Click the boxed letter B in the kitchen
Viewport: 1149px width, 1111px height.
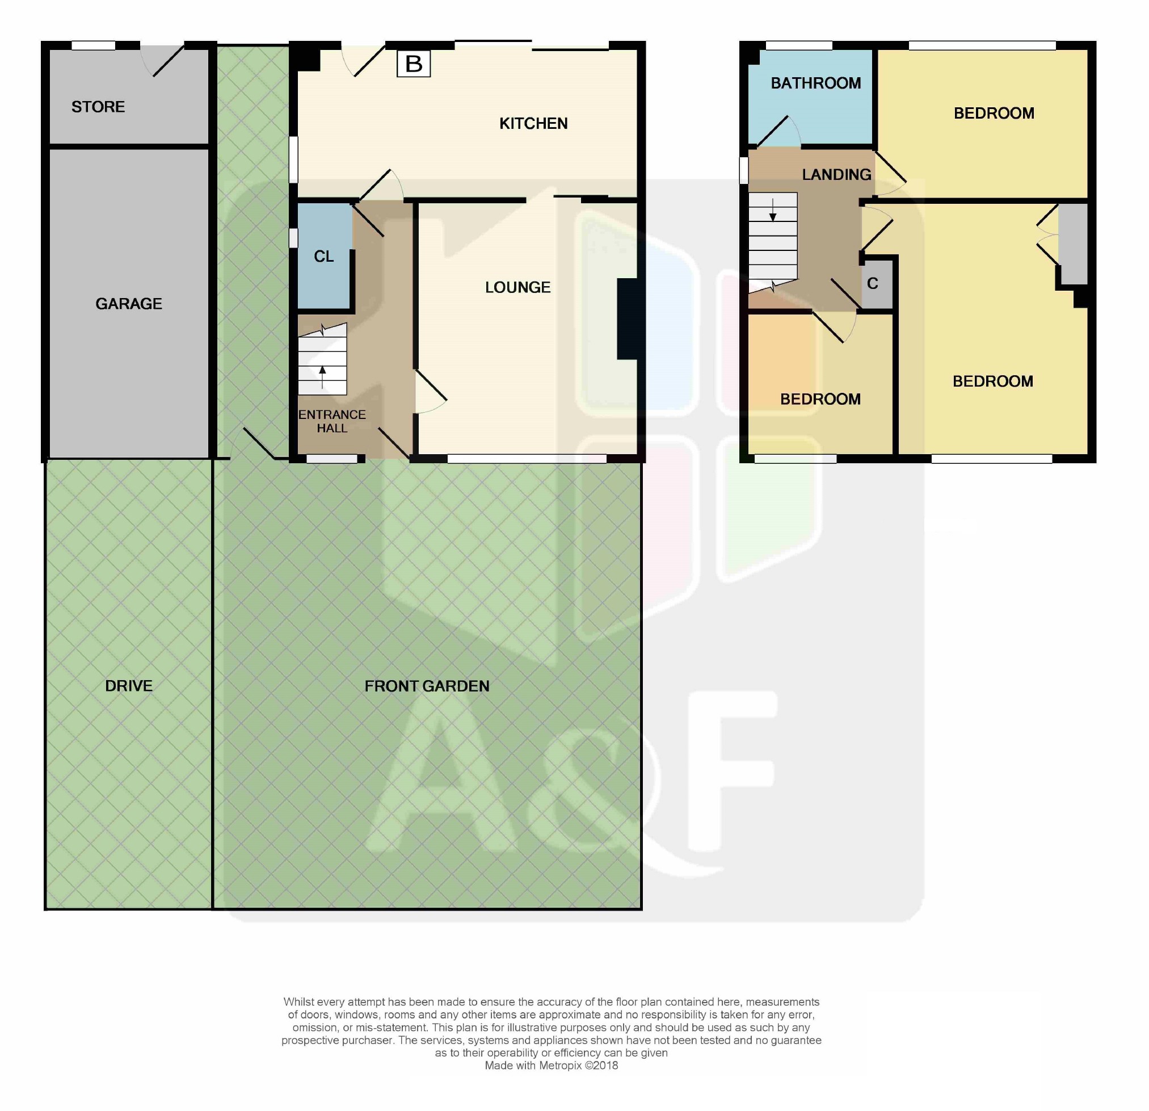[x=413, y=64]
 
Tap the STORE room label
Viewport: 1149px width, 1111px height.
[x=98, y=107]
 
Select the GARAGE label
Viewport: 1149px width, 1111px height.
[x=128, y=304]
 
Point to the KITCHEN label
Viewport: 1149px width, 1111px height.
[x=533, y=124]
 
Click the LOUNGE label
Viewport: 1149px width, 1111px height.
[x=517, y=287]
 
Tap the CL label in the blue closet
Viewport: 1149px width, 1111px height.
[x=323, y=257]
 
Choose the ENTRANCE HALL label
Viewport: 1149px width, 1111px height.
[x=332, y=421]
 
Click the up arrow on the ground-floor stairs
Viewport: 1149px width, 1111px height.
[x=322, y=377]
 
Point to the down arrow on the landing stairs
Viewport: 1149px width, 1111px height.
[x=773, y=210]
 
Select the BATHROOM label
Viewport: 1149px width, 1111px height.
[x=815, y=83]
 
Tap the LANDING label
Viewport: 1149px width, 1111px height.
[x=836, y=175]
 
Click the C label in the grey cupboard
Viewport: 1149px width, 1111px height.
[x=872, y=284]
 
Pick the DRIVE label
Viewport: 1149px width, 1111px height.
[x=128, y=686]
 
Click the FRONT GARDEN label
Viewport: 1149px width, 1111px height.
[x=427, y=686]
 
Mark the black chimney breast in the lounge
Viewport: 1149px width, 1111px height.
[x=630, y=318]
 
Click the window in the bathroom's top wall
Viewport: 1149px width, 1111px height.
[x=798, y=45]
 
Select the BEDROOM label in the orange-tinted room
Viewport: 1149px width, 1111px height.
[x=820, y=400]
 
